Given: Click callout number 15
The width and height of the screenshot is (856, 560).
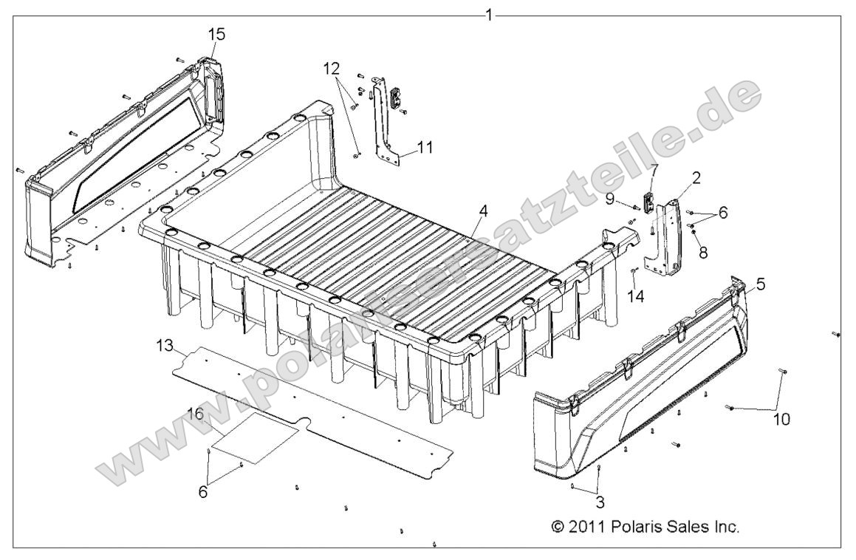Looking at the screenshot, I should coord(217,34).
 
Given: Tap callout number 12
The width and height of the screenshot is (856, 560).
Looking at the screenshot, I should coord(332,69).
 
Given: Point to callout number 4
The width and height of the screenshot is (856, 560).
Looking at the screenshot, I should coord(482,211).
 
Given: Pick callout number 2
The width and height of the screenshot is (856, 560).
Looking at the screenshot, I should coord(696,177).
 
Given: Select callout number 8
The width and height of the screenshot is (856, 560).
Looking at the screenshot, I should coord(702,252).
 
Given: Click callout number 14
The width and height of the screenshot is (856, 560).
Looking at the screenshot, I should coord(636,296).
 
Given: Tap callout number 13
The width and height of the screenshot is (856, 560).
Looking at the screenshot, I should coord(164,344).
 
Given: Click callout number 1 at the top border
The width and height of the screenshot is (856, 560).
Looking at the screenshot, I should coord(488,14).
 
